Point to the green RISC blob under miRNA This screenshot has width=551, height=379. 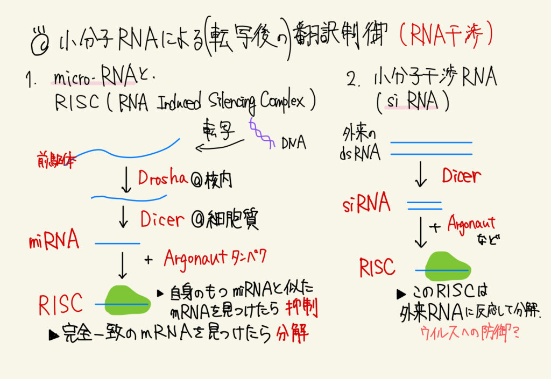[x=127, y=303]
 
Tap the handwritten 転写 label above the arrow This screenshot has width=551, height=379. [x=218, y=129]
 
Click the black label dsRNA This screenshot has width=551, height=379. [x=361, y=153]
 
